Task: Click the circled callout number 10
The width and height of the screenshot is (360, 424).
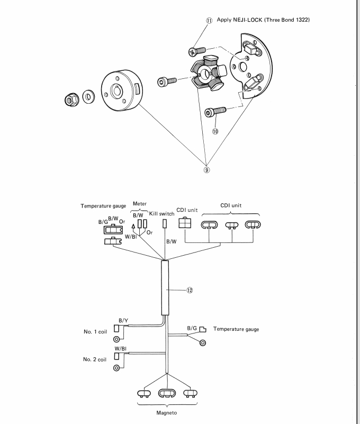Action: (215, 131)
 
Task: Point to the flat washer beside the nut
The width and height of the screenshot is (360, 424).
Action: (87, 97)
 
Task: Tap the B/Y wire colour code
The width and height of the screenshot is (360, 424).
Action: (123, 321)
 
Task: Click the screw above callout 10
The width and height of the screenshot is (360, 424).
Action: (214, 112)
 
